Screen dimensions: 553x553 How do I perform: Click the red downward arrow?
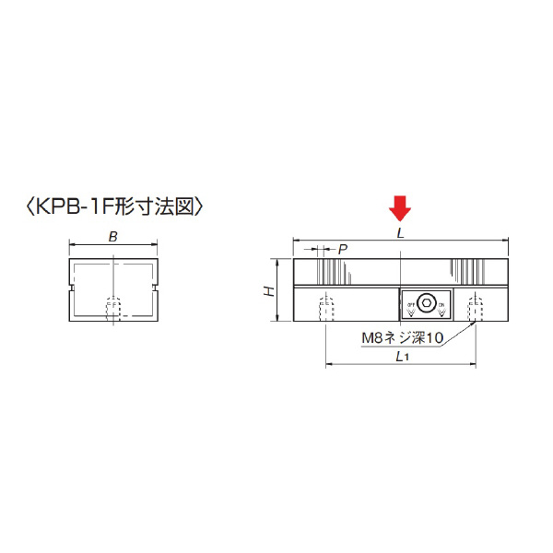[400, 208]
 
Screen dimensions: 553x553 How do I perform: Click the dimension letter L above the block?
[400, 234]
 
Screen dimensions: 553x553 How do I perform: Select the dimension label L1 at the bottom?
[400, 357]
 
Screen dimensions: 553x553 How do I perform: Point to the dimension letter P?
[343, 249]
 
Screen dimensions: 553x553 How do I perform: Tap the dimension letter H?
[268, 291]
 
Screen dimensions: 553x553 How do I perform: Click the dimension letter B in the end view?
[112, 237]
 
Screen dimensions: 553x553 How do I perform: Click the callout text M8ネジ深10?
[402, 338]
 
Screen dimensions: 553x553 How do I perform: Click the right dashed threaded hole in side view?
[475, 308]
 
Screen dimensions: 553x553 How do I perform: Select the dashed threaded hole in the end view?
[113, 312]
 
